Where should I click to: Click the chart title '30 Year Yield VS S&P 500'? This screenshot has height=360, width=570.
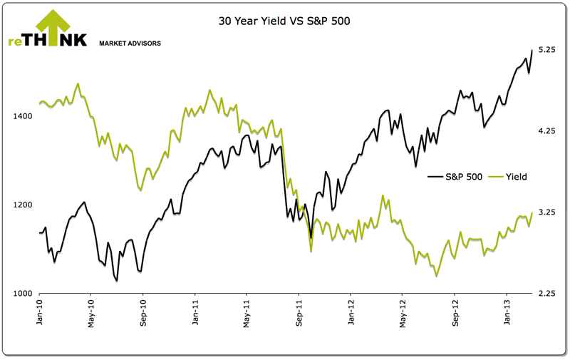coord(284,22)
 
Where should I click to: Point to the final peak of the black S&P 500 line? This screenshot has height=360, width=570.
coord(532,50)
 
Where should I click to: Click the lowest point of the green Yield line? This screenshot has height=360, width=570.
coord(436,276)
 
